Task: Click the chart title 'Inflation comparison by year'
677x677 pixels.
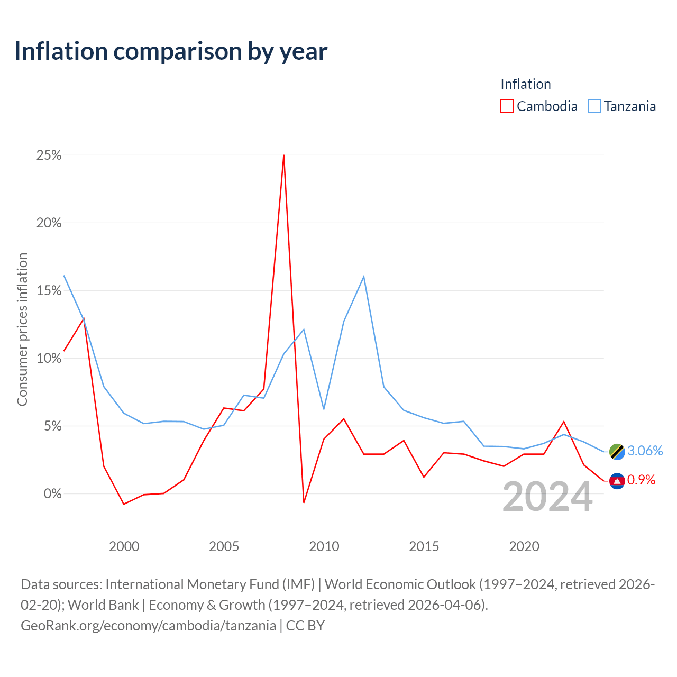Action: pos(171,52)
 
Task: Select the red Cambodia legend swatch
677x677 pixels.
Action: pos(507,106)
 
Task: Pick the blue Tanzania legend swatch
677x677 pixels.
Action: pos(594,106)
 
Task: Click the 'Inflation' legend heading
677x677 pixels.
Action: pos(525,84)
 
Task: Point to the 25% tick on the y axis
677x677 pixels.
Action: pos(49,155)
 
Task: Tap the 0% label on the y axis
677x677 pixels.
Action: pos(53,493)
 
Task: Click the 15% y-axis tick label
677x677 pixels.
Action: pos(49,290)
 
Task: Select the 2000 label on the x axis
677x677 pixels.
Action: pos(124,546)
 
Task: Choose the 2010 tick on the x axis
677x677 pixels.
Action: pos(324,546)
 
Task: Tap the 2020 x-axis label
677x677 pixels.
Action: pos(524,546)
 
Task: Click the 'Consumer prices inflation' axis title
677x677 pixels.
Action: pos(22,330)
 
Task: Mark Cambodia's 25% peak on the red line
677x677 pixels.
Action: pos(283,155)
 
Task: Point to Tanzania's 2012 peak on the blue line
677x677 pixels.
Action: pos(363,277)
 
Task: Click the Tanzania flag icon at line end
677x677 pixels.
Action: pos(617,452)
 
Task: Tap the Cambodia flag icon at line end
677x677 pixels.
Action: pos(617,481)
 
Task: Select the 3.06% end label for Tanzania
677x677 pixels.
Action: pos(645,451)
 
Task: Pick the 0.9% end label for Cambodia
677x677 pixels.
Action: pos(641,480)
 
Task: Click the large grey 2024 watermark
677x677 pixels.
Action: pos(547,497)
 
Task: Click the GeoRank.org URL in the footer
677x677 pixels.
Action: pos(148,626)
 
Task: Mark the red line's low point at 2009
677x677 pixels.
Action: pos(304,502)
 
